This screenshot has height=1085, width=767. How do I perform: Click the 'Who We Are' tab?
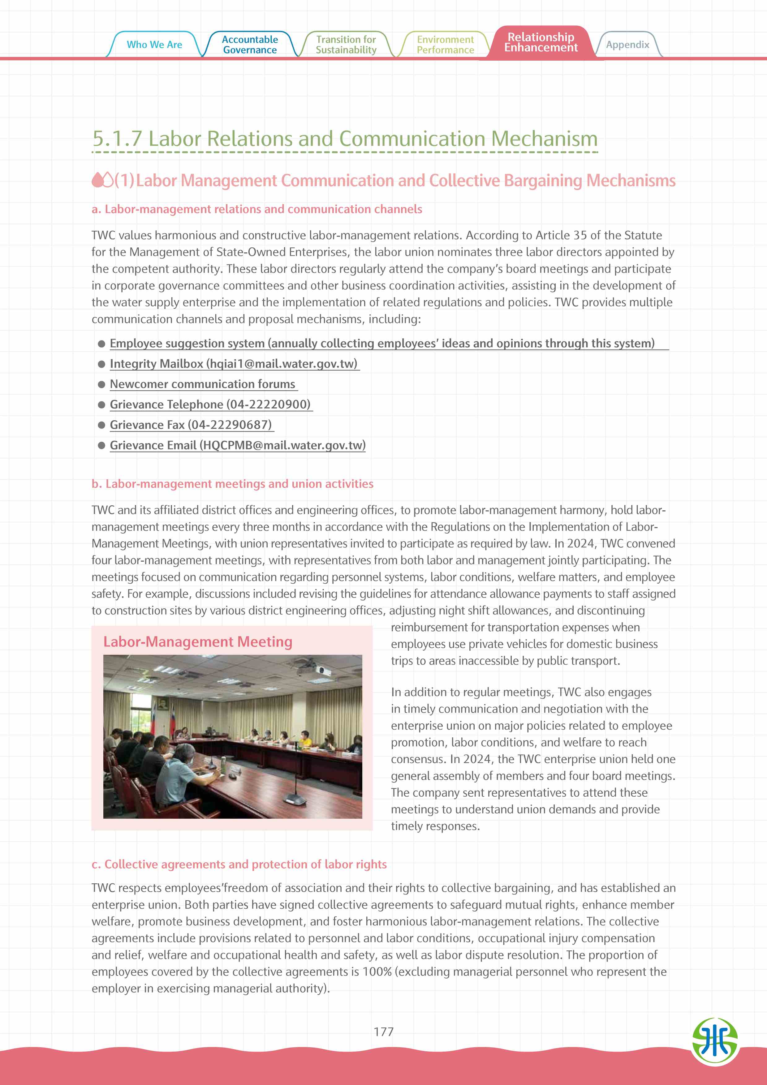[x=154, y=45]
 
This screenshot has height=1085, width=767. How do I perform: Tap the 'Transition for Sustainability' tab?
[x=346, y=45]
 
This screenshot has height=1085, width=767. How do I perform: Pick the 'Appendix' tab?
[x=627, y=45]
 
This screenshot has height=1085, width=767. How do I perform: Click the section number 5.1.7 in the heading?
[x=117, y=139]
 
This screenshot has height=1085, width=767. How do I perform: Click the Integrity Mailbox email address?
[x=282, y=364]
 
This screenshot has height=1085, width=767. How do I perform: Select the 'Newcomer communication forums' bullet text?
[x=202, y=384]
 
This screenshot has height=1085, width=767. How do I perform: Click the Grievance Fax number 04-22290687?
[x=231, y=425]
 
